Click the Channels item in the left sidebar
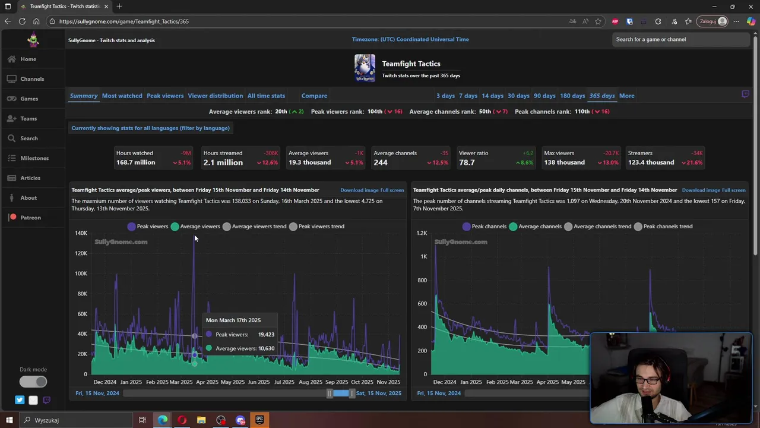32,79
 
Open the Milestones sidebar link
34,158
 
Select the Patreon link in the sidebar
30,218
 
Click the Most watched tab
122,96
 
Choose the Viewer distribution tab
215,96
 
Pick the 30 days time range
518,96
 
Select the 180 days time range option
572,96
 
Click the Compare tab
314,96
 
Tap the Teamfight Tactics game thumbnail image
365,68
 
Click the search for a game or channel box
680,39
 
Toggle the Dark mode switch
33,382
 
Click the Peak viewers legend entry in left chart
147,226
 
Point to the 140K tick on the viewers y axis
81,233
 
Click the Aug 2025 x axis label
311,382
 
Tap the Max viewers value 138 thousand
564,162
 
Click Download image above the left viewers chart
359,190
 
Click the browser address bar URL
123,21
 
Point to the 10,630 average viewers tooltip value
266,348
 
